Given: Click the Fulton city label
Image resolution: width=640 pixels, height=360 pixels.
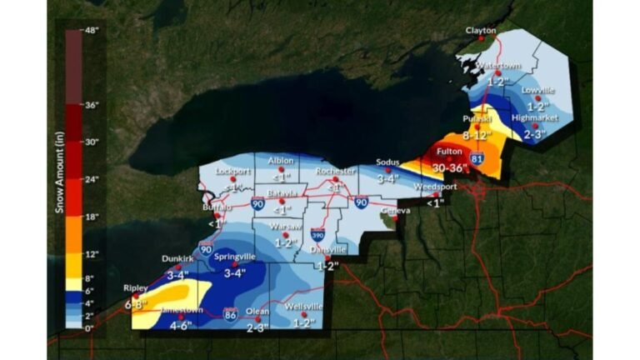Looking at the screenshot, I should pyautogui.click(x=450, y=152).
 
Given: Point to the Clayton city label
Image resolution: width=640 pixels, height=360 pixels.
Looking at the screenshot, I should pyautogui.click(x=480, y=30).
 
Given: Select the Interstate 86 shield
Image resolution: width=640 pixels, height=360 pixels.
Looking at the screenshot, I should pyautogui.click(x=231, y=311).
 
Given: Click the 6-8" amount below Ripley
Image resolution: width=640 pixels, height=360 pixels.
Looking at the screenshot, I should pyautogui.click(x=137, y=304).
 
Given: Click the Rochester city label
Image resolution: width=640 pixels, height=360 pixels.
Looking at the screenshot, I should pyautogui.click(x=334, y=171).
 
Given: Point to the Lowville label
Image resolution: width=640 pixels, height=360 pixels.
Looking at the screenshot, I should pyautogui.click(x=537, y=90).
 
